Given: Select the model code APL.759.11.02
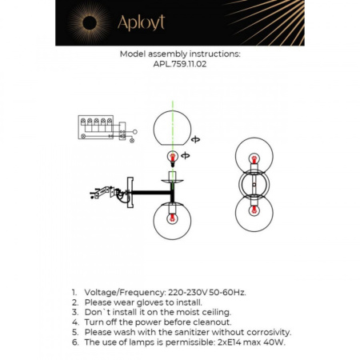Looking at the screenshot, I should point(179,68).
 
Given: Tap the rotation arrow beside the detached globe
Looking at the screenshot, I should point(197,138).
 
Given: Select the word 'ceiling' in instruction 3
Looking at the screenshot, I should point(213,312).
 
